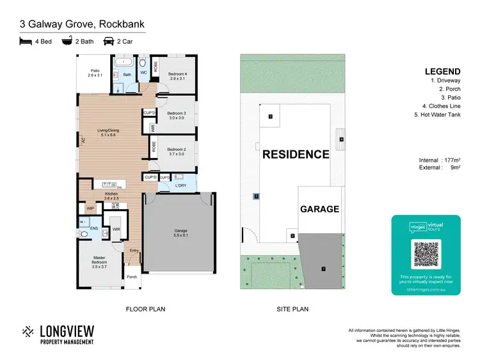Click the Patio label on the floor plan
pos(95,74)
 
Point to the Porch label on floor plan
pos(132,277)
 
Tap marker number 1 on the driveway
pos(323,269)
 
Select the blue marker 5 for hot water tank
pos(256,197)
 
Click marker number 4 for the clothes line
pos(342,139)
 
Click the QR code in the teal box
pos(426,254)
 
